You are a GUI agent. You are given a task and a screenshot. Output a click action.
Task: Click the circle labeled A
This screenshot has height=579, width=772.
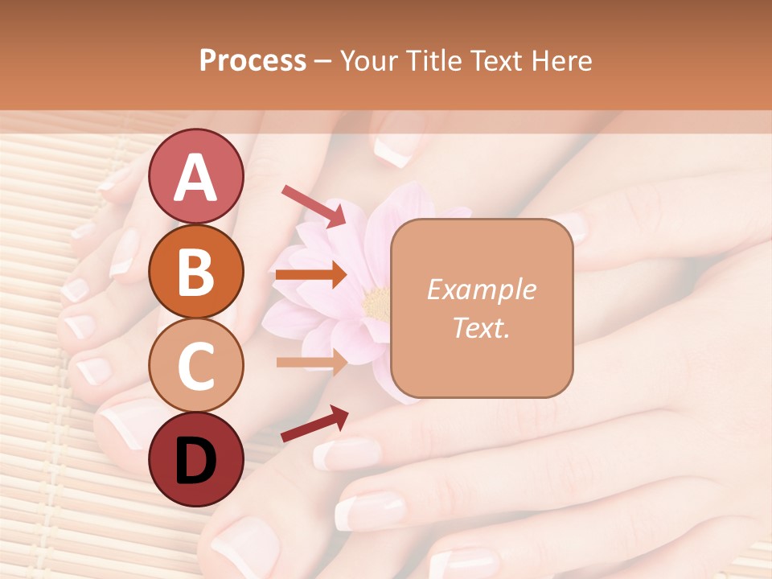tap(195, 177)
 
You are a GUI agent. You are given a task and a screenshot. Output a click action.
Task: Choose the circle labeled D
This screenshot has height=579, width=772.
tap(195, 458)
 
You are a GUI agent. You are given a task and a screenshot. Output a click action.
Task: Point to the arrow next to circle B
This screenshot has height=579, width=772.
tap(311, 275)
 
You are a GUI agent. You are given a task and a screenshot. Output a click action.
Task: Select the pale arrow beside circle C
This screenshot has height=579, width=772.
tap(311, 362)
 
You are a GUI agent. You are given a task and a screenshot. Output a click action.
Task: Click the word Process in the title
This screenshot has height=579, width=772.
tap(253, 60)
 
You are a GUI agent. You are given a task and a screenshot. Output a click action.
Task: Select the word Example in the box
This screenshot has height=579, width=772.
tap(481, 289)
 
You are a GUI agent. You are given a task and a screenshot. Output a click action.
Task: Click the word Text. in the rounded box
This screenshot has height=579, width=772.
tap(481, 327)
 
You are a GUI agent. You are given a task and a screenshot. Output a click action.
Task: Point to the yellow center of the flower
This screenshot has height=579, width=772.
tap(376, 303)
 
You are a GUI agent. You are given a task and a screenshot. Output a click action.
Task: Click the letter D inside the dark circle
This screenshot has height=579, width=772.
tap(195, 460)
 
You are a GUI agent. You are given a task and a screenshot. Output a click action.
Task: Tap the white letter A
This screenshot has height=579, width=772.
tap(195, 178)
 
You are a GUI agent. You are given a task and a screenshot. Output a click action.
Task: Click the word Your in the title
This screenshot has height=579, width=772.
tap(366, 60)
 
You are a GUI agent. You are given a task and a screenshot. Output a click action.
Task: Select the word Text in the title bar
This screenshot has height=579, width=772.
tap(494, 60)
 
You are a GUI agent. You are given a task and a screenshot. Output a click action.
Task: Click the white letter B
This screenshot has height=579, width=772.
tap(195, 272)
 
